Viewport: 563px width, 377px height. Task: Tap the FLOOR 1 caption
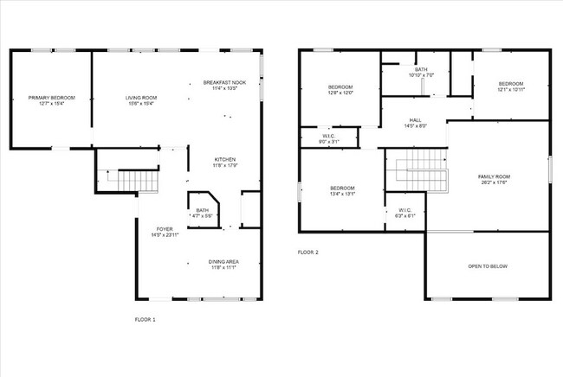pyautogui.click(x=145, y=320)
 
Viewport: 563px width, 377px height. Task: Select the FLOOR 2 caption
pyautogui.click(x=307, y=252)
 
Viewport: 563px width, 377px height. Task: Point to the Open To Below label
pyautogui.click(x=487, y=265)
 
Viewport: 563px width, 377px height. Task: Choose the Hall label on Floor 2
pyautogui.click(x=415, y=123)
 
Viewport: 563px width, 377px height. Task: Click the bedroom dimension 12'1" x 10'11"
pyautogui.click(x=511, y=91)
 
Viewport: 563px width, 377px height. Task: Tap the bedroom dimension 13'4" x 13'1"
pyautogui.click(x=342, y=194)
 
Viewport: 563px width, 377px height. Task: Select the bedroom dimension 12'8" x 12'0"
pyautogui.click(x=340, y=93)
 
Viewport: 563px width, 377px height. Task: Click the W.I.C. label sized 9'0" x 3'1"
pyautogui.click(x=328, y=138)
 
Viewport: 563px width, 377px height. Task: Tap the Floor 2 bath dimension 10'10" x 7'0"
pyautogui.click(x=421, y=75)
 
